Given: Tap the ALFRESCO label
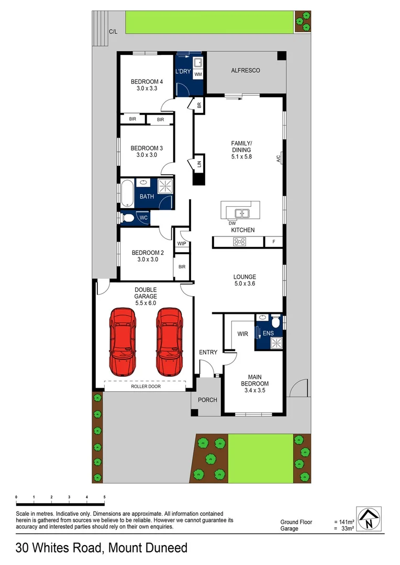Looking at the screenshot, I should coord(246,70).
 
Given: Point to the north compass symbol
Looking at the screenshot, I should coord(370,519).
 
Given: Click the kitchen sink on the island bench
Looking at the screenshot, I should coord(241,213).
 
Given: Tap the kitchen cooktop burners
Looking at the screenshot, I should coord(240,242).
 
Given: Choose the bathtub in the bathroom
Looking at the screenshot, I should coord(127,194).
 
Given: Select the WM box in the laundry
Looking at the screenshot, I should coord(198,75).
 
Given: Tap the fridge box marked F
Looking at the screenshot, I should coord(273,242).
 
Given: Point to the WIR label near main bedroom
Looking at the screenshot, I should coord(242,333).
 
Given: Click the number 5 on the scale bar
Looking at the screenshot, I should coord(104,496).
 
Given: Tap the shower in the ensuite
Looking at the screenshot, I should coord(275,343).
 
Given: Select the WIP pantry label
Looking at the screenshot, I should coord(182,243).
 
